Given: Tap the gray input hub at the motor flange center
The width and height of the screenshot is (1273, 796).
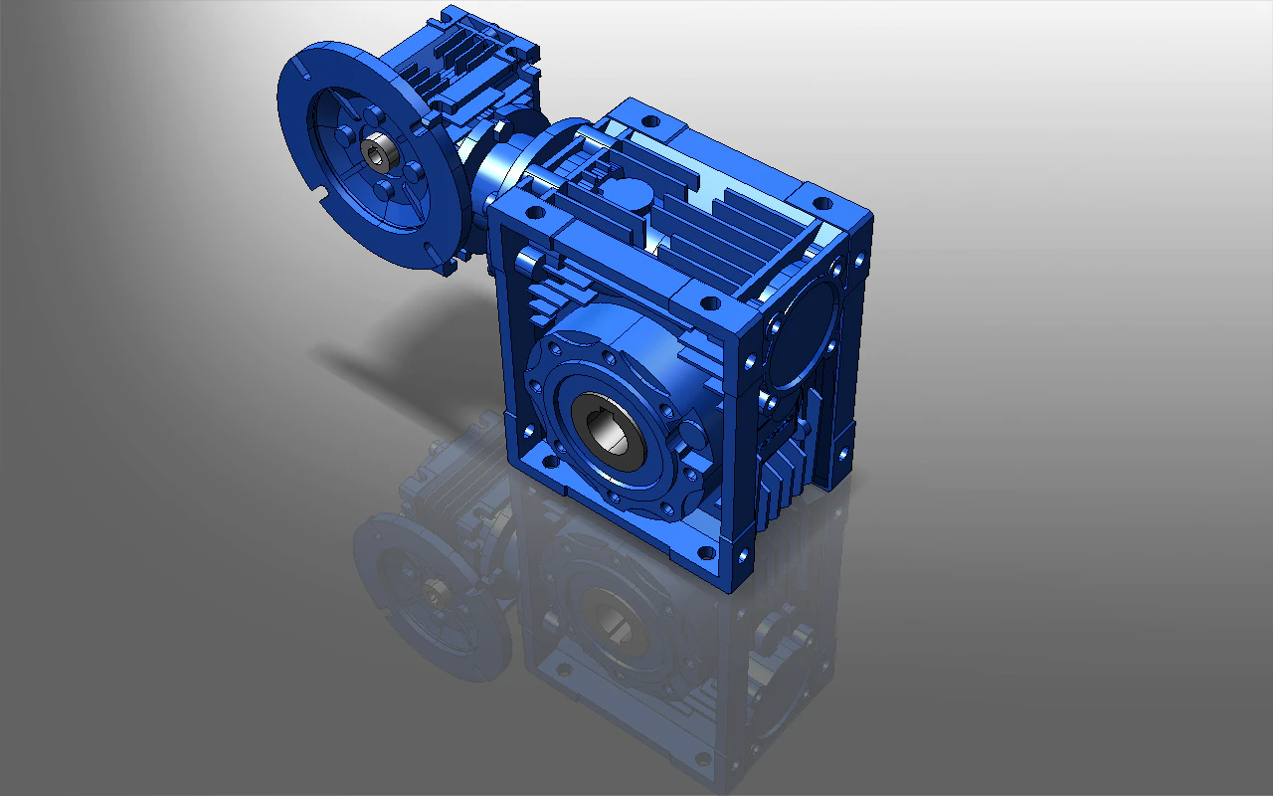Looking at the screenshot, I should [378, 153].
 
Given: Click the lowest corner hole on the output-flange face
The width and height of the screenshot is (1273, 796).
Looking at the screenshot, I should [707, 551].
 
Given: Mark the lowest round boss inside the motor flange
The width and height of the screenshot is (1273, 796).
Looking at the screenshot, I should [384, 190].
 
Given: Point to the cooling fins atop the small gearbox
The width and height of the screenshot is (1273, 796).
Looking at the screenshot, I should [467, 60].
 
